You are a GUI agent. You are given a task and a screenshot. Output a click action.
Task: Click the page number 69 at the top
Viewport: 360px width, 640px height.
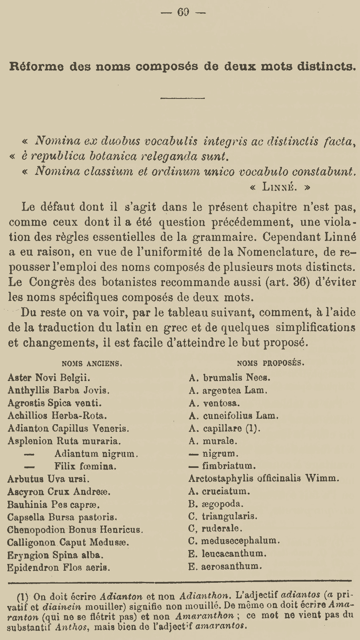point(183,12)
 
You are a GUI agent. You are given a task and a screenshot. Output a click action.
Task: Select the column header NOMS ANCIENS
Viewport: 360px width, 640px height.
point(92,364)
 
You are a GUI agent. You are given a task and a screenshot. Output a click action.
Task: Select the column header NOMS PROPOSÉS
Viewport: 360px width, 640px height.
point(270,363)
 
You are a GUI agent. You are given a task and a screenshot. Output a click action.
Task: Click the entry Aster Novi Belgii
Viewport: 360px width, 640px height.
point(49,377)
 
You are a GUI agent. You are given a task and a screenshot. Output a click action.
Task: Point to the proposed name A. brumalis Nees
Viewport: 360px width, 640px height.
point(230,377)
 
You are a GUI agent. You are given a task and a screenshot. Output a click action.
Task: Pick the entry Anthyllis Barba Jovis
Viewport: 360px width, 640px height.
point(59,390)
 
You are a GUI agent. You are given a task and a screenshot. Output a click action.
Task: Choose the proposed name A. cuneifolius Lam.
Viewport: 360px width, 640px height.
point(234,415)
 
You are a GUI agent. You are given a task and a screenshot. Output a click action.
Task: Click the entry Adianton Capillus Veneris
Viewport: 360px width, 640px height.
point(68,428)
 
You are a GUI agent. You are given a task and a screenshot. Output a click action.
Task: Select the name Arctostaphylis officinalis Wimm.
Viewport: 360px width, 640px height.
point(264,478)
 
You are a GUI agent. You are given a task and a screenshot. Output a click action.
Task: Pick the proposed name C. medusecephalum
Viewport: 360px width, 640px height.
point(234,541)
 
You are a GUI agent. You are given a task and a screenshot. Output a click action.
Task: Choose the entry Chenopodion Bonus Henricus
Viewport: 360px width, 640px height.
point(75,530)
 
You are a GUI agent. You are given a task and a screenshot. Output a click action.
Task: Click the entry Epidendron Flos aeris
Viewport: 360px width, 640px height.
point(59,567)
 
